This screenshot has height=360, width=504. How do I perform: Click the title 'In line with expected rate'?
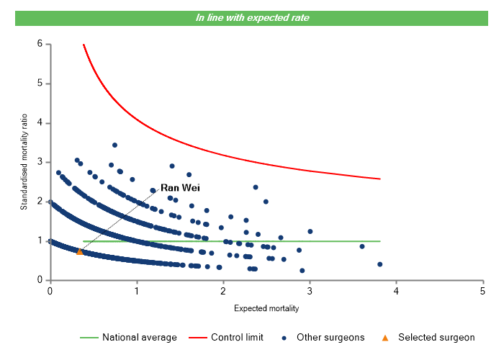tap(252, 17)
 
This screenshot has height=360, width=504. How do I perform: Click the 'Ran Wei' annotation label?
tap(180, 187)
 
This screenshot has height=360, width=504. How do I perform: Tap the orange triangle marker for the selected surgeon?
tap(80, 251)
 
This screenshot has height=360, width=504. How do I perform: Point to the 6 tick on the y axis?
tap(40, 44)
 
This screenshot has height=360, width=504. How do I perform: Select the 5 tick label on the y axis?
tap(40, 84)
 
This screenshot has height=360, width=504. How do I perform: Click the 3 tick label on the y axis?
tap(40, 162)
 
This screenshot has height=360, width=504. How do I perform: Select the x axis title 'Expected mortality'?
tap(266, 308)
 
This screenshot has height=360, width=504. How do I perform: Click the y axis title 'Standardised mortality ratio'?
tap(24, 162)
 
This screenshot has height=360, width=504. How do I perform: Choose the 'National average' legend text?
tap(139, 337)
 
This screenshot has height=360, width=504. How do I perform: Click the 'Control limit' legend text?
tap(237, 337)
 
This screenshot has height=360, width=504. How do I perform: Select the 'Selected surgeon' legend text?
tap(436, 337)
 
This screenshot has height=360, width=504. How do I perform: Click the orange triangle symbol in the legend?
tap(385, 337)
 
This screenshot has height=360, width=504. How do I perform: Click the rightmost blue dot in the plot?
tap(379, 264)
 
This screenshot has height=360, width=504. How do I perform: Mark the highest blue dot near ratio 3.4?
tap(114, 145)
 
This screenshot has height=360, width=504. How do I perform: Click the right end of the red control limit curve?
tap(379, 179)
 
